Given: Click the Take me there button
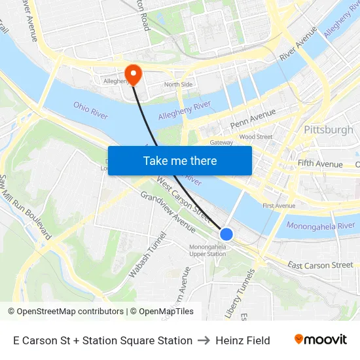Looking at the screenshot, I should [179, 160].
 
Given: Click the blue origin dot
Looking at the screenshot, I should [226, 234].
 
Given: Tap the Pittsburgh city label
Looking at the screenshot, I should [329, 130].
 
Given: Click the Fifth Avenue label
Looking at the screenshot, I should [319, 164].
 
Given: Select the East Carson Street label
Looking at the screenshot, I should [320, 265].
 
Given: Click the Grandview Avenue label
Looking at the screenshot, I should [168, 212].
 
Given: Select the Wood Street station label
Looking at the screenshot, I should [255, 137].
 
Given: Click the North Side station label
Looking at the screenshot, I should [178, 84].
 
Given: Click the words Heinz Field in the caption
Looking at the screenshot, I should [243, 340].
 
